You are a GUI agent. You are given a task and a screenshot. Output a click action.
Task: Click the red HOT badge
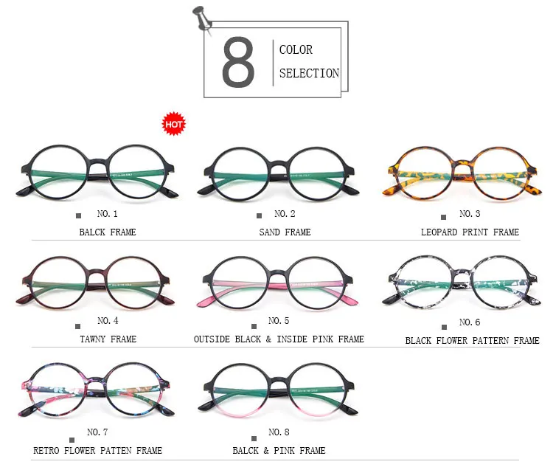(x=174, y=124)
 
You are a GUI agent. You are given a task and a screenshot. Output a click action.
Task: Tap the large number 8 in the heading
(x=238, y=64)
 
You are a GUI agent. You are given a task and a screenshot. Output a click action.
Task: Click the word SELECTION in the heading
(x=309, y=73)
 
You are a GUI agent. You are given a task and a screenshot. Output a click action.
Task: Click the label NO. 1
(x=108, y=214)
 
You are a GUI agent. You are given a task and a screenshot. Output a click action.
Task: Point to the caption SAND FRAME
(x=285, y=232)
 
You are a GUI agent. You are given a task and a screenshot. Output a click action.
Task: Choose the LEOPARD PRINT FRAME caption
(x=470, y=232)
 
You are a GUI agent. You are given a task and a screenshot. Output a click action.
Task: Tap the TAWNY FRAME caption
(x=108, y=339)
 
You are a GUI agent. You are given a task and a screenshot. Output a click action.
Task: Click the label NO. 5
(x=279, y=321)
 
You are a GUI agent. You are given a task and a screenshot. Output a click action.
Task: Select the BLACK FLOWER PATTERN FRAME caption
(x=472, y=341)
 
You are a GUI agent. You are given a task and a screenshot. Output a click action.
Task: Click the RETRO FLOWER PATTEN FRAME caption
(x=97, y=450)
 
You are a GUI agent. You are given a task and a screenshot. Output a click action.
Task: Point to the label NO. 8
(x=279, y=432)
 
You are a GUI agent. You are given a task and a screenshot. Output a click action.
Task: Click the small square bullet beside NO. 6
(x=443, y=325)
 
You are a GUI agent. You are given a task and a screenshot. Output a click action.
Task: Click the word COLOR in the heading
(x=296, y=50)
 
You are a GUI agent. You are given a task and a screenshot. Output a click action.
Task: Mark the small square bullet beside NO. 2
(x=259, y=216)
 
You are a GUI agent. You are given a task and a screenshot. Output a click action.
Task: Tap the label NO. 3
(x=470, y=214)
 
